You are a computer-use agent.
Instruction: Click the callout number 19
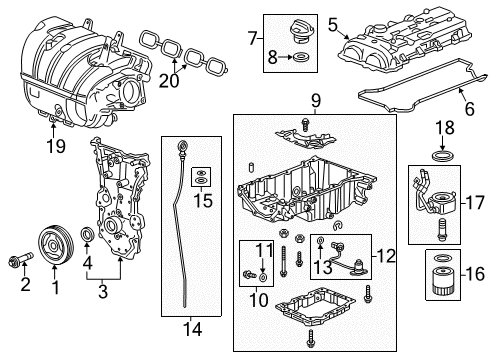[x=54, y=147]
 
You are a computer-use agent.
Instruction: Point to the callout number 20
[x=173, y=80]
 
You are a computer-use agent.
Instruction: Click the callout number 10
[x=260, y=299]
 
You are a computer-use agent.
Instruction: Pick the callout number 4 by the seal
[x=87, y=265]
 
